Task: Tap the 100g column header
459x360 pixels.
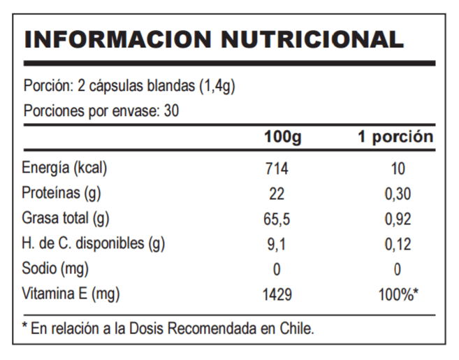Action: point(282,137)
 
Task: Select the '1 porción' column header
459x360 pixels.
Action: point(395,137)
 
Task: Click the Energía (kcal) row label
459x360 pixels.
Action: point(67,168)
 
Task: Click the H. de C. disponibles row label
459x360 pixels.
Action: point(94,244)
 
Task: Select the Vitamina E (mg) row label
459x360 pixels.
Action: point(71,294)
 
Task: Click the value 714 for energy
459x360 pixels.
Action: point(277,169)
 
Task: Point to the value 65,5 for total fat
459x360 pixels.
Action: point(277,219)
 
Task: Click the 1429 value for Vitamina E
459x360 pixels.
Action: point(277,295)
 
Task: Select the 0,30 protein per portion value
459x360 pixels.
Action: point(398,194)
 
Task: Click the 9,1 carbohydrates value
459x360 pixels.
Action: point(277,245)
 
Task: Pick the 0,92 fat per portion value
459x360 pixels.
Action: point(398,219)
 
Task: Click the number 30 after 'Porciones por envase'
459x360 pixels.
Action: point(172,110)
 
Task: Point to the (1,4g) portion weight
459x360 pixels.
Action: point(217,87)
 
